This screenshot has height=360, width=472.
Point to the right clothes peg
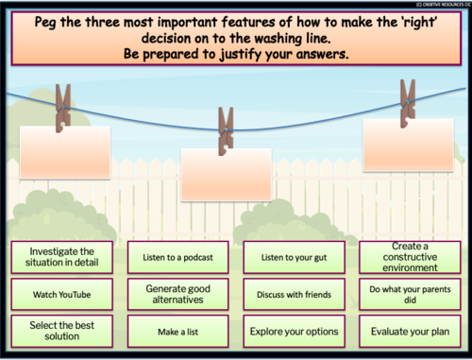pyautogui.click(x=407, y=100)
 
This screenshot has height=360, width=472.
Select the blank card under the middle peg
pyautogui.click(x=225, y=173)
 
